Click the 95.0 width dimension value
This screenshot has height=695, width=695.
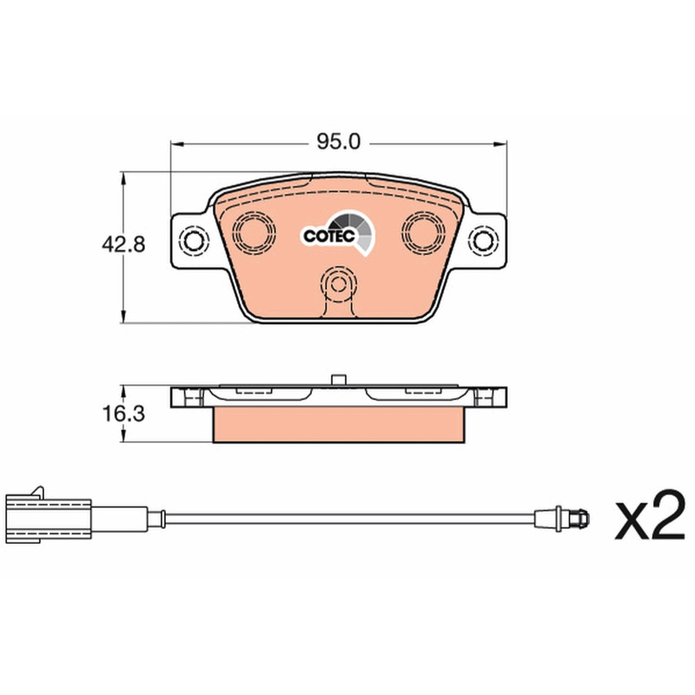339,142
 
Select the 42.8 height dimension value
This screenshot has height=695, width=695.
123,244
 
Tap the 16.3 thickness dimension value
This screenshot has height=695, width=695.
123,414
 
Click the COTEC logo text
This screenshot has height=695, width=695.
329,235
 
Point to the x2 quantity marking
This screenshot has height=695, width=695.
650,514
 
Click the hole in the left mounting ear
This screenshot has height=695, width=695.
193,242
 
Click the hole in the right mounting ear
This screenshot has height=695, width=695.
483,241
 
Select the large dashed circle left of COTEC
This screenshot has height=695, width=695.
254,233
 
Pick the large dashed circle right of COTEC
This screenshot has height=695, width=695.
423,233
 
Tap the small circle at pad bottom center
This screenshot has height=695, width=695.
339,285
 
